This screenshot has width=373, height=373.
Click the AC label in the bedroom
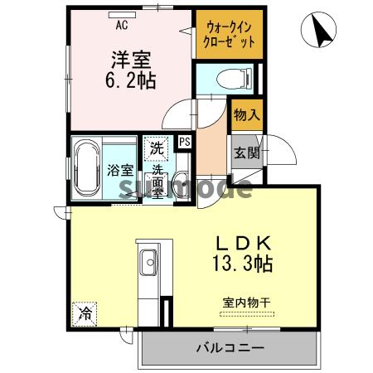121,25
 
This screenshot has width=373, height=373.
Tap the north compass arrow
319,31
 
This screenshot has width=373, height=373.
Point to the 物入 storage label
246,115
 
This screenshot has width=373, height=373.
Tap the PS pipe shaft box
185,141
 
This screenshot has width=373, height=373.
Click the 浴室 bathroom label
120,169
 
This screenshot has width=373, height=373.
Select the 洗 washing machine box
156,149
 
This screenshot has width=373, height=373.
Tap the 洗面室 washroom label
157,182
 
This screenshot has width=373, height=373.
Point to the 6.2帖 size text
131,82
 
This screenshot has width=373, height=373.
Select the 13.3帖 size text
240,264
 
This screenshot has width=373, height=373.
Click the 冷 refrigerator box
85,313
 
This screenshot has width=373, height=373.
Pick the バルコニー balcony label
230,346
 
